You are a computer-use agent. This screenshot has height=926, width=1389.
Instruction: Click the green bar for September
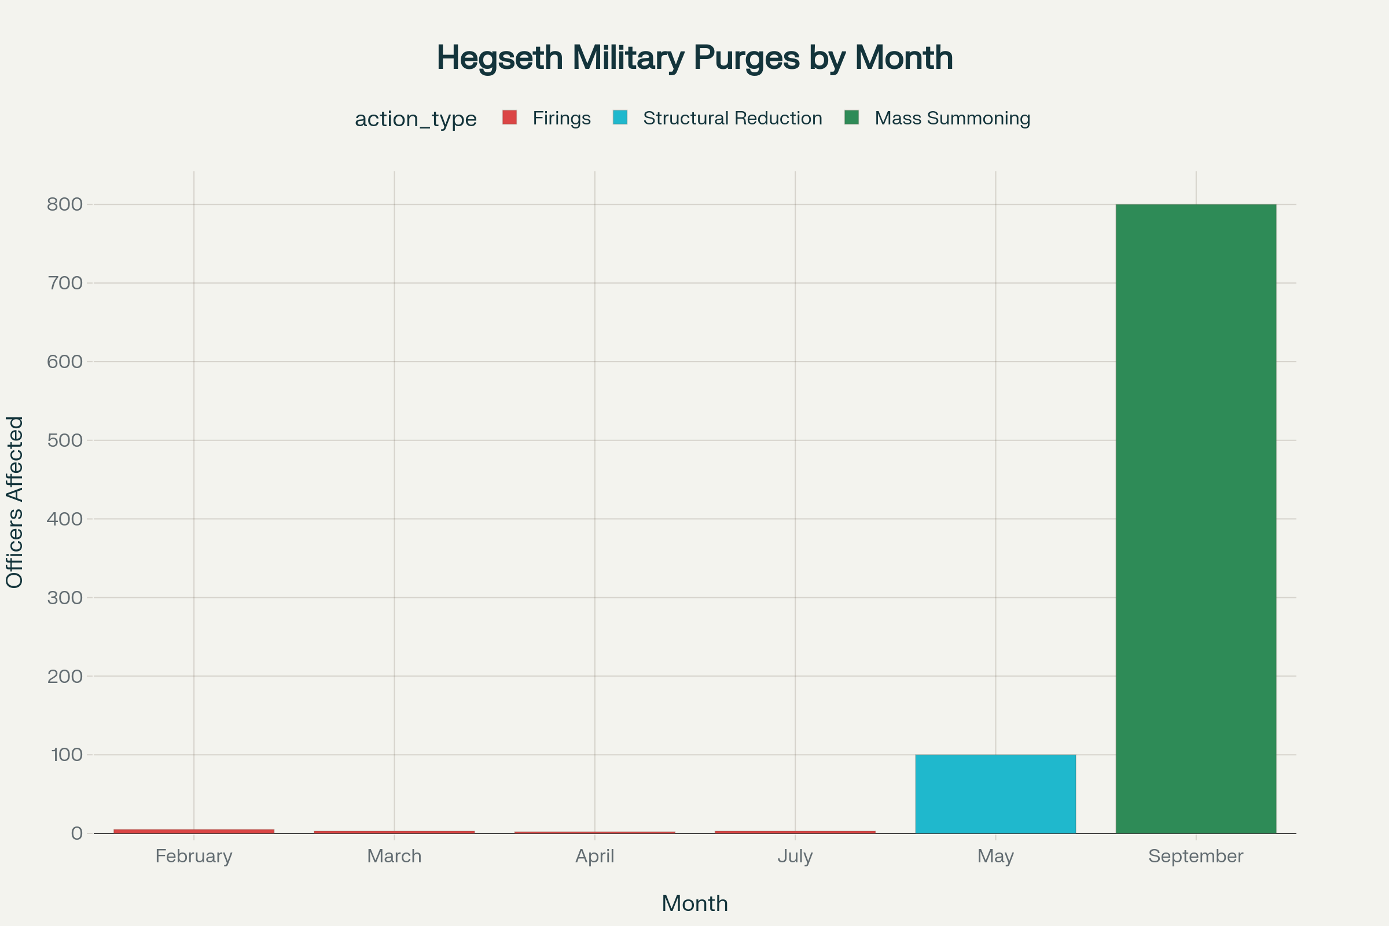click(1196, 519)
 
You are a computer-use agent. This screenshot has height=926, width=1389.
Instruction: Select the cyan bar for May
click(995, 793)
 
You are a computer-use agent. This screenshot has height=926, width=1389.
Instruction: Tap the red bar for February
click(194, 831)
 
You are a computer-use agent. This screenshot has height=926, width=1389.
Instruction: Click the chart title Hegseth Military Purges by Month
click(694, 58)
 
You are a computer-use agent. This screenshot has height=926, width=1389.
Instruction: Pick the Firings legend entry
click(561, 118)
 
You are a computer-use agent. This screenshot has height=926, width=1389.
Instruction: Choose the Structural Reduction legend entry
click(732, 118)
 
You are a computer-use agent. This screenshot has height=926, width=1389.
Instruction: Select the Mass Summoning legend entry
click(952, 118)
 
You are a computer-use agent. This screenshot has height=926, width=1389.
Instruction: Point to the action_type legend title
click(416, 119)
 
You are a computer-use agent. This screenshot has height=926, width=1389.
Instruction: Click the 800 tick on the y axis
click(65, 204)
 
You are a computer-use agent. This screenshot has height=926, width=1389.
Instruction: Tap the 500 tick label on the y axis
click(65, 440)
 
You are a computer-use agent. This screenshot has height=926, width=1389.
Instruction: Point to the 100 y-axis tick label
click(67, 754)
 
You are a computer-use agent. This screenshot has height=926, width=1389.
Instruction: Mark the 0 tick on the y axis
click(77, 833)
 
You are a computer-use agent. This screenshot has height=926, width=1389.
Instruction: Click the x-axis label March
click(395, 856)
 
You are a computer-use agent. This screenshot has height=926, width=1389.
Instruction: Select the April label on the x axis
click(595, 856)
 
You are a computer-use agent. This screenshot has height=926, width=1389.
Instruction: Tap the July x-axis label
click(795, 856)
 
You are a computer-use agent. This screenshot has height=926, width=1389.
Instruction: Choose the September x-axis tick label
click(1196, 856)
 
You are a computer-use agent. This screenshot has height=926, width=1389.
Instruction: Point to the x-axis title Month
click(694, 903)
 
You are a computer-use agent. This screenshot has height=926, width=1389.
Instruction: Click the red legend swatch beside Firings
click(510, 117)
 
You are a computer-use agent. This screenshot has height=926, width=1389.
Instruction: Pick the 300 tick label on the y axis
click(65, 597)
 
